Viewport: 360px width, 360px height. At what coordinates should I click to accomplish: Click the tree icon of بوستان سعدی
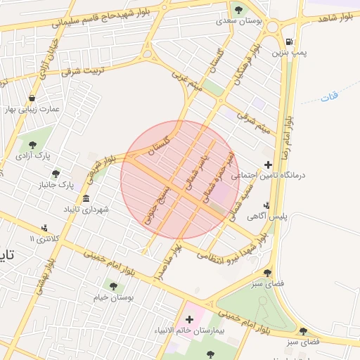238,11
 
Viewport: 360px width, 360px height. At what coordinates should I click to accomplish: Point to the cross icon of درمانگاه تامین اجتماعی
267,165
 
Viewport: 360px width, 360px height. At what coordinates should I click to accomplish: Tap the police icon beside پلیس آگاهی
266,206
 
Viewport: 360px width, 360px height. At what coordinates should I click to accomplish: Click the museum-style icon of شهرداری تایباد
86,199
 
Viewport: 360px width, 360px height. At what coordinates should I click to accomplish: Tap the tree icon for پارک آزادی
32,145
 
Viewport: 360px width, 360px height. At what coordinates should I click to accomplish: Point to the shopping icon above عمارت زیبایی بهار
32,98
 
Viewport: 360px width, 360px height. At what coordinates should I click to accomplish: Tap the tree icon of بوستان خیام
114,285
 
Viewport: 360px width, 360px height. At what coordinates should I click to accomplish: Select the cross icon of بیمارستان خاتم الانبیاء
189,320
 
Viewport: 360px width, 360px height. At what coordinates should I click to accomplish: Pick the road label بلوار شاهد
334,18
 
